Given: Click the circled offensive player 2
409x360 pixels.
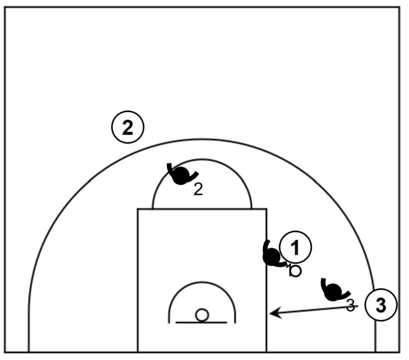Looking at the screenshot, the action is coord(128,127).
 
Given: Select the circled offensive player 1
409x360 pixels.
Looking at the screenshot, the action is coord(296,247).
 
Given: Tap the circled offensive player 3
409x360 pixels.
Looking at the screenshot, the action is coord(381,305).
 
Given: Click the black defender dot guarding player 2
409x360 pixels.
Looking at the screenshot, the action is coord(181,176).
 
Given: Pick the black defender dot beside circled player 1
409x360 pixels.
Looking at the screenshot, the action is coord(272,257).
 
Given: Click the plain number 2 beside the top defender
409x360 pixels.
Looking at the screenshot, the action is coord(198,190).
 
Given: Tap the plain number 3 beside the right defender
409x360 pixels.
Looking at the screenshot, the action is coord(350,305).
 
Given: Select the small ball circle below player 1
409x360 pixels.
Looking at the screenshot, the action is coord(295,271).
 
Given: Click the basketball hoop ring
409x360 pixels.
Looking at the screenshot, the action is coord(202,315).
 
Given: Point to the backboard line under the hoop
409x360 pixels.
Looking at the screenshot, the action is coord(202,323).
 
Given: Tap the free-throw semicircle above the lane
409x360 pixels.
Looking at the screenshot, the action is coord(202,160).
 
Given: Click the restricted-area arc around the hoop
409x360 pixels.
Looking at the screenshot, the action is coord(202,283).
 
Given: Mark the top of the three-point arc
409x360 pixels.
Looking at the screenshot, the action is coord(202,140).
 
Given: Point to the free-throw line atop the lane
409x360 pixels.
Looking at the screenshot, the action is coord(202,208).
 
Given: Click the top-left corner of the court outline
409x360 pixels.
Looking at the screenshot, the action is coord(5,7).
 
